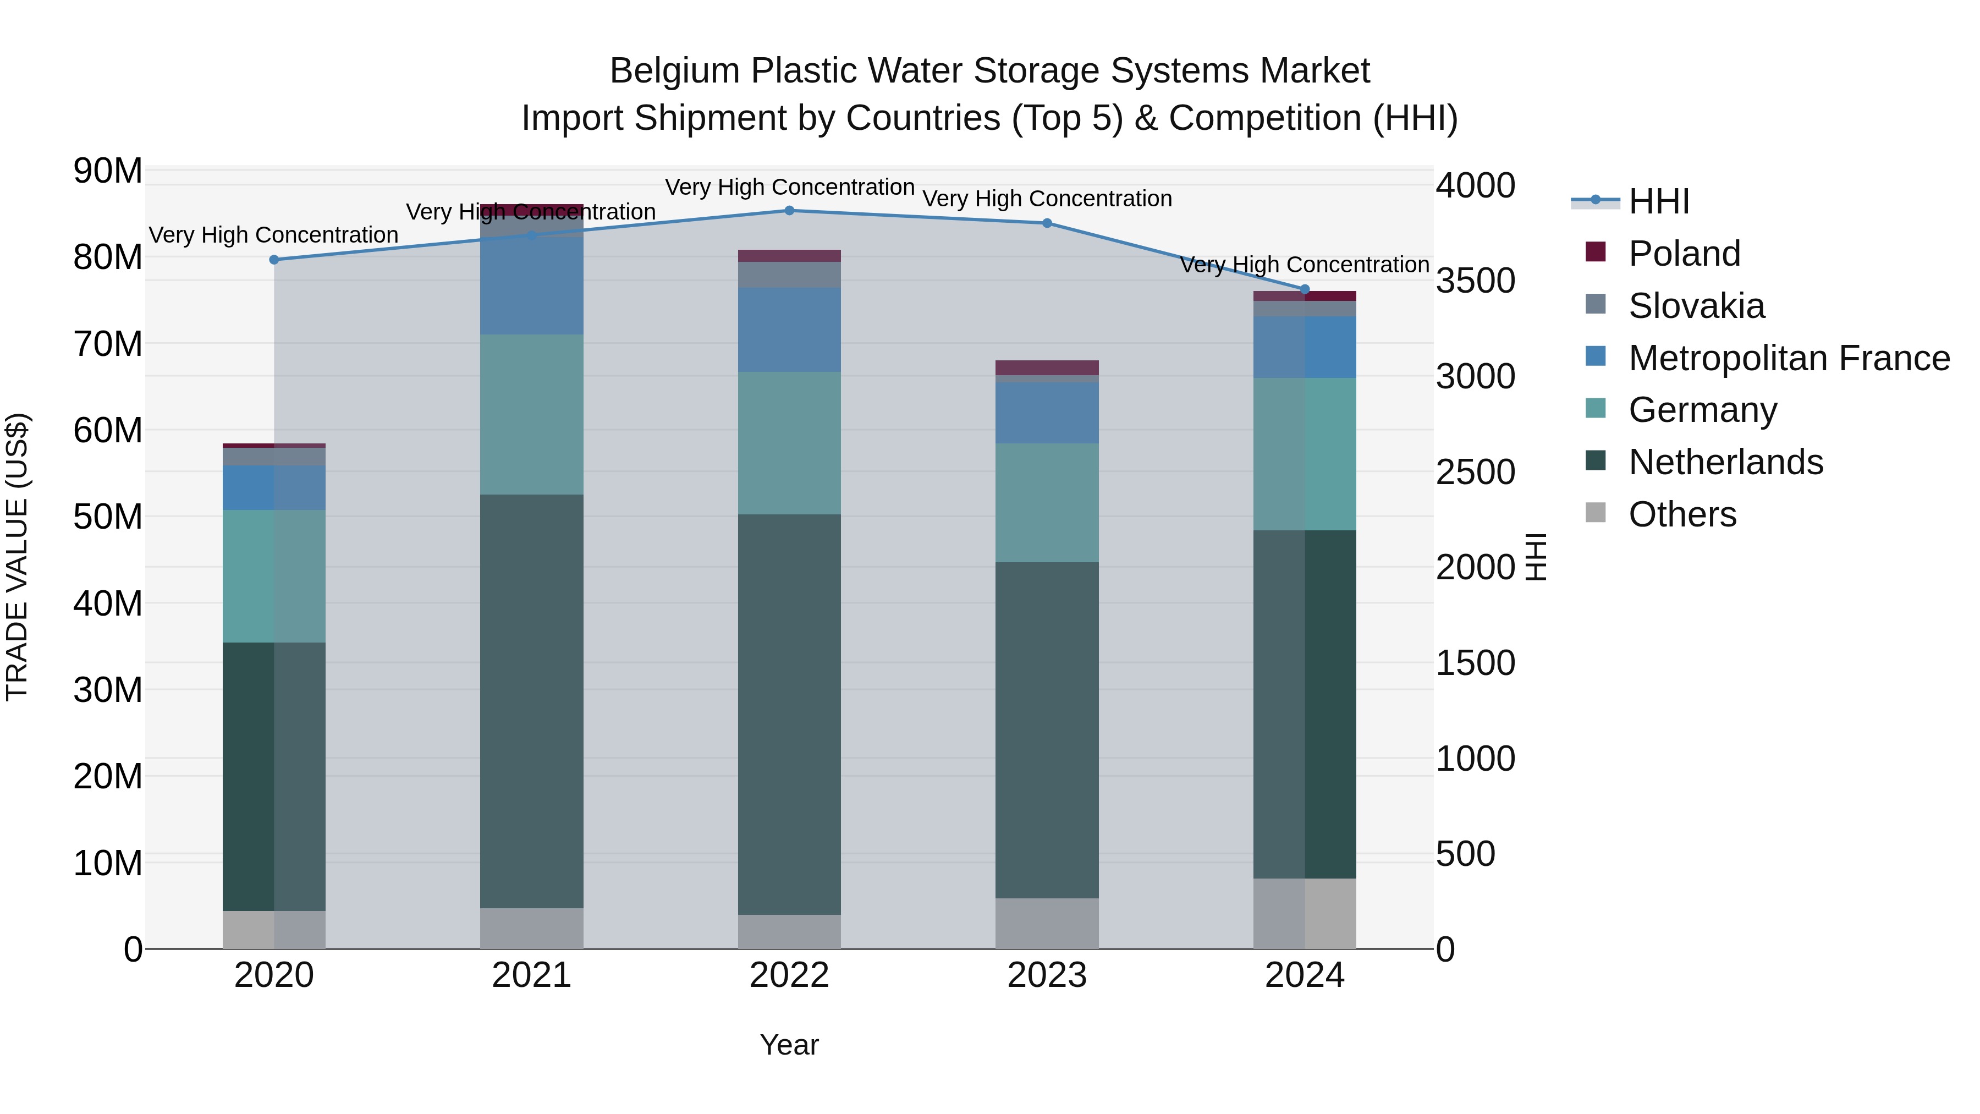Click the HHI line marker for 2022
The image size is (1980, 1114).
point(789,210)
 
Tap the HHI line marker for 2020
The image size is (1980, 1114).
point(274,260)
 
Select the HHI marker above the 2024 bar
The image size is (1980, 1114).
point(1305,289)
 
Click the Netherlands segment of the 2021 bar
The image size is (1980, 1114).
point(531,700)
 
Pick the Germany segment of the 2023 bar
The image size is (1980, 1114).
point(1046,502)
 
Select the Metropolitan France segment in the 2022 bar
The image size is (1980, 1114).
point(789,330)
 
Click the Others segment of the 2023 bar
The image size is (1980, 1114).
point(1046,923)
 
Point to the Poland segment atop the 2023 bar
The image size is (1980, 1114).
point(1046,367)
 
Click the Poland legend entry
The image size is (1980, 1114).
point(1684,254)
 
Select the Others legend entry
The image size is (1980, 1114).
point(1682,514)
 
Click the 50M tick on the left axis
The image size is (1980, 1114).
point(108,517)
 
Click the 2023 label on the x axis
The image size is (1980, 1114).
point(1046,975)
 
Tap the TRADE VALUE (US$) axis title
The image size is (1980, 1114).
point(17,557)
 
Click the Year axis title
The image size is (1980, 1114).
point(789,1045)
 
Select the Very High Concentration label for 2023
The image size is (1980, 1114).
point(1046,199)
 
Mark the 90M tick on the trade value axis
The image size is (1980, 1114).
point(108,171)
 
